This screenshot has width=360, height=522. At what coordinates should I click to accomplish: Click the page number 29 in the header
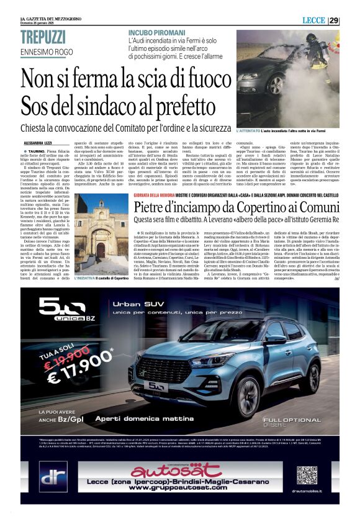(x=334, y=20)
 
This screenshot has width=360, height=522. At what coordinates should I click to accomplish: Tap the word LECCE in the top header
(x=313, y=20)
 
